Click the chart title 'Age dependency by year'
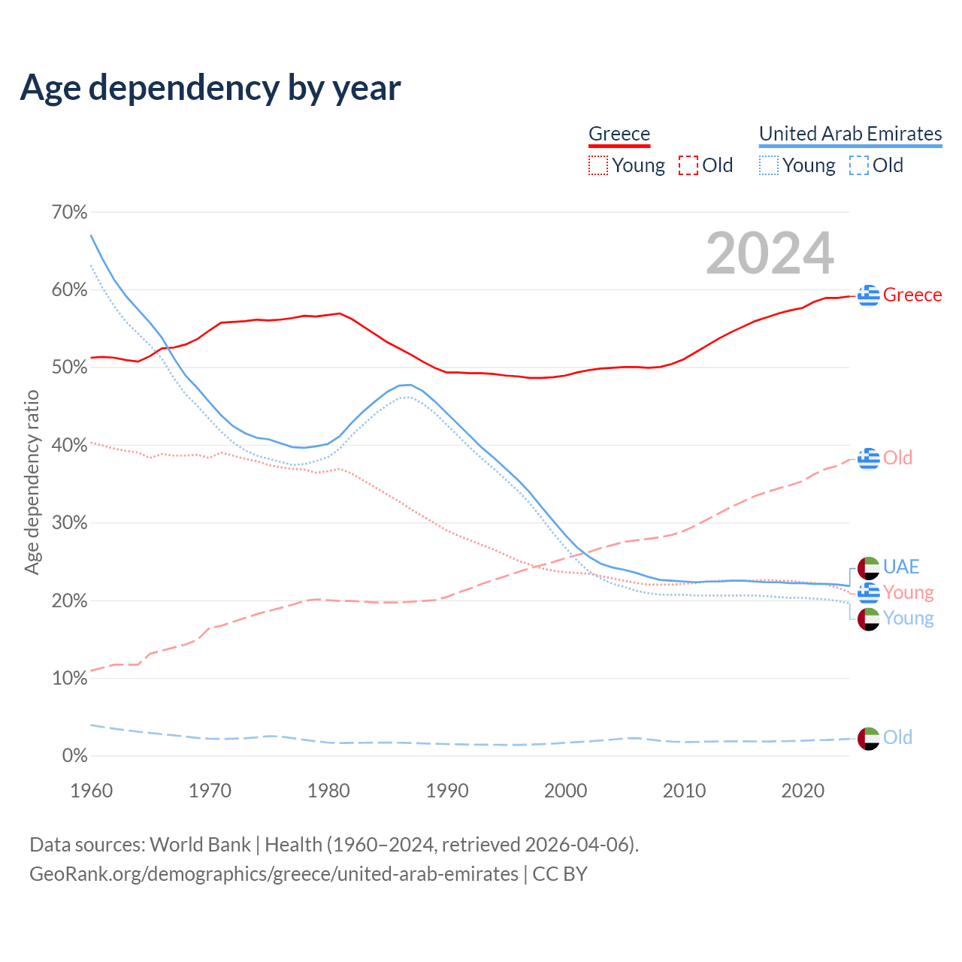point(210,87)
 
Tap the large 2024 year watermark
point(770,253)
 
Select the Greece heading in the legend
point(619,134)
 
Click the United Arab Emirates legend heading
point(850,134)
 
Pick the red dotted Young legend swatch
point(598,165)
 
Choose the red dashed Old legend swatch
point(688,165)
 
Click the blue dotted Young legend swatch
point(769,165)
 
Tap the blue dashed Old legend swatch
point(859,165)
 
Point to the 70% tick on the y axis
point(69,212)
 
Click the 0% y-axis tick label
point(74,755)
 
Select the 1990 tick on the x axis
point(447,791)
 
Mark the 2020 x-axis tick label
point(803,791)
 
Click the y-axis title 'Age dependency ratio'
point(32,482)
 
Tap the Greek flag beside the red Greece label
point(869,295)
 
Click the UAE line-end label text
point(901,567)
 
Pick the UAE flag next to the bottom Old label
point(869,738)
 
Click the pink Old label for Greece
point(897,458)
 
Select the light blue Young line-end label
point(908,618)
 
